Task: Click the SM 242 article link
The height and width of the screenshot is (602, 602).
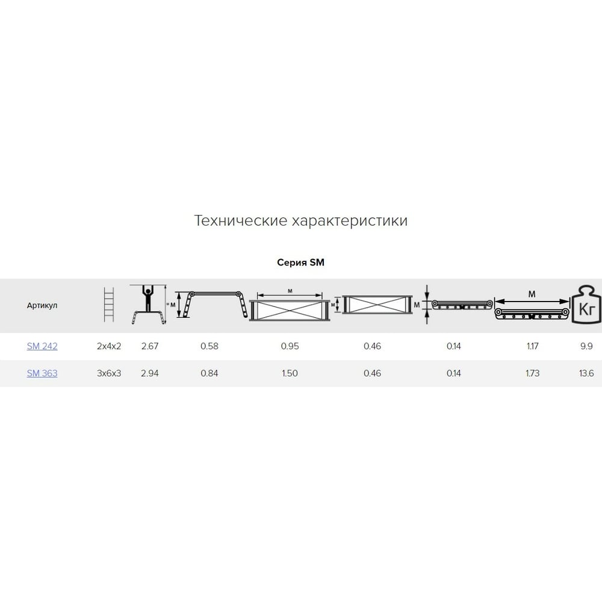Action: point(42,346)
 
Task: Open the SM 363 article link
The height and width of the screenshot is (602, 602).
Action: point(42,373)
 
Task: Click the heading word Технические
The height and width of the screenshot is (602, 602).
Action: point(241,221)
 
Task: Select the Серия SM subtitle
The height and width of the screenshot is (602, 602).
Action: point(300,262)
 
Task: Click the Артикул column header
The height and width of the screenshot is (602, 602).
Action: point(42,306)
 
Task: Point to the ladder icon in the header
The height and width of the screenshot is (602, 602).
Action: point(109,305)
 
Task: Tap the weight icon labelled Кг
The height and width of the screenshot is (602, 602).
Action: point(586,305)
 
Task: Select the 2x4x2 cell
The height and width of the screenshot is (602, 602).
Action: point(109,346)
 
